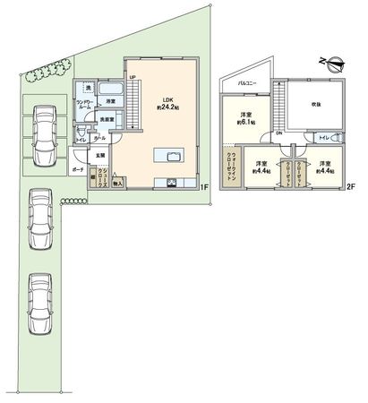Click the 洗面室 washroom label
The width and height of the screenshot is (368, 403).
(x=107, y=119)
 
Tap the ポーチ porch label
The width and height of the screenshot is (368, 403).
(x=78, y=169)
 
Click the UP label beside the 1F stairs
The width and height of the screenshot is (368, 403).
(x=133, y=79)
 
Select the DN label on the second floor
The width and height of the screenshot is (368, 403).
(x=278, y=133)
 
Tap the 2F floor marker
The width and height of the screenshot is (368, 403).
(x=350, y=188)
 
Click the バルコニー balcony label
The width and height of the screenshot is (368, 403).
(x=249, y=82)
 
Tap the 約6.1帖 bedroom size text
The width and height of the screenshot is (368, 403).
(x=244, y=124)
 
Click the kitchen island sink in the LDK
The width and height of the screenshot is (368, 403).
(x=167, y=155)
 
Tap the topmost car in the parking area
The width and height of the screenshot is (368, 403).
(x=42, y=134)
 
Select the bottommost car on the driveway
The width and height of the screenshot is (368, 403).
(x=40, y=303)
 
